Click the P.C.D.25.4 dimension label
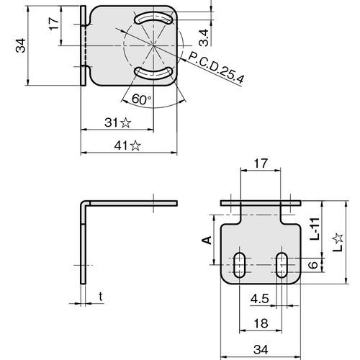216,68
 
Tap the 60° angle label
142,99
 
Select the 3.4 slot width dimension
204,37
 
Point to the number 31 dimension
111,122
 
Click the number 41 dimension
122,145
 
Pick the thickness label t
101,297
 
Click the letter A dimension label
207,240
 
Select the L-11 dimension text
315,229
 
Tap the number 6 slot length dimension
312,265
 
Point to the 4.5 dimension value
260,299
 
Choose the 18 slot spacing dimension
261,323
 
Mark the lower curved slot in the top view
153,73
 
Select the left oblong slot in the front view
239,265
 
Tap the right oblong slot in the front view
282,265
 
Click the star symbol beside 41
135,145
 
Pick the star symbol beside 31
125,122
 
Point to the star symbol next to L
338,238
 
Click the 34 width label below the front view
261,350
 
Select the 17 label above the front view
261,163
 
